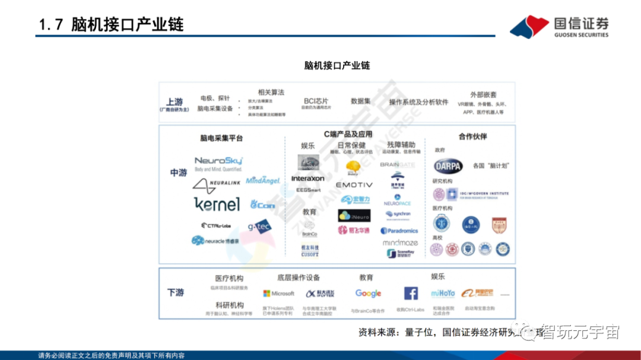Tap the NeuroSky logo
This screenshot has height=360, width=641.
tap(218, 161)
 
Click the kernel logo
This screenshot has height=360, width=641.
tap(217, 205)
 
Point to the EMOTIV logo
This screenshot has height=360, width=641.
tap(354, 185)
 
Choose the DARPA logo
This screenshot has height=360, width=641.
tap(448, 166)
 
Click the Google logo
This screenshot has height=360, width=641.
tap(368, 294)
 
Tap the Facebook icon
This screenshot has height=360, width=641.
tap(411, 294)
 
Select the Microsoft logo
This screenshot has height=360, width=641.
tap(278, 294)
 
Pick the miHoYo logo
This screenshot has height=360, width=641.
tap(443, 294)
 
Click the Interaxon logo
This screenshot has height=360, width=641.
tap(308, 179)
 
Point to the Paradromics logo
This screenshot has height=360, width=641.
tap(399, 231)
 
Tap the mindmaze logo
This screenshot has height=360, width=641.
tap(400, 243)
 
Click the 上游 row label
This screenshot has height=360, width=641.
tap(174, 102)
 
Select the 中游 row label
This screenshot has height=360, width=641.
tap(179, 173)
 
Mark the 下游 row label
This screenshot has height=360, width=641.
tap(176, 293)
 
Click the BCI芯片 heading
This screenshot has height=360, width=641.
tap(316, 101)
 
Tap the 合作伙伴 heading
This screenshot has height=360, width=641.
tap(472, 136)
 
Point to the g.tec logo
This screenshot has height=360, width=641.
tap(259, 226)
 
